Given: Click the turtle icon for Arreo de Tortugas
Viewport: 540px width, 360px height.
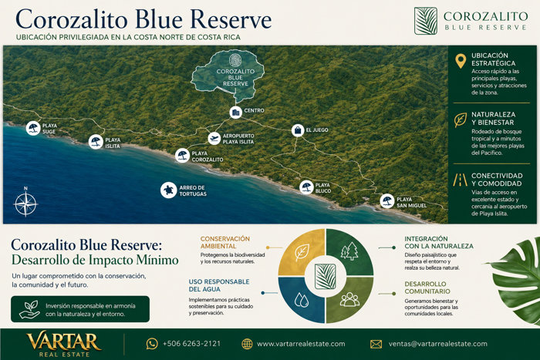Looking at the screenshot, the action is pyautogui.click(x=168, y=190).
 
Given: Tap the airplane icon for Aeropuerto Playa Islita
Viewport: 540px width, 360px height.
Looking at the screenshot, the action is pyautogui.click(x=214, y=138).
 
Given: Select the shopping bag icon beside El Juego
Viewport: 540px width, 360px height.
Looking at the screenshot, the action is pyautogui.click(x=298, y=130).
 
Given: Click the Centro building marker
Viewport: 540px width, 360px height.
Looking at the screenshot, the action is pyautogui.click(x=236, y=113).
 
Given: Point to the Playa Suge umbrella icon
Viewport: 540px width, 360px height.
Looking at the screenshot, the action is pyautogui.click(x=33, y=129).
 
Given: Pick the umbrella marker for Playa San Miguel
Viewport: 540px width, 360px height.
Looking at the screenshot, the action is pyautogui.click(x=387, y=201).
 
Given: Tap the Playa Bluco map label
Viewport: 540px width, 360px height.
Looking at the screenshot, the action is pyautogui.click(x=323, y=188).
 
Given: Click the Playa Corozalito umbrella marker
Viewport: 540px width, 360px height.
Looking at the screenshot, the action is pyautogui.click(x=182, y=156).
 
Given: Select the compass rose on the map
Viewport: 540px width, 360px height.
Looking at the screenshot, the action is pyautogui.click(x=25, y=204).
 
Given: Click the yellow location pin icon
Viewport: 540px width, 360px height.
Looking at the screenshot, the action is pyautogui.click(x=461, y=61).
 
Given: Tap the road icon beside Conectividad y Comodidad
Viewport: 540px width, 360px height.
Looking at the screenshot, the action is pyautogui.click(x=460, y=180).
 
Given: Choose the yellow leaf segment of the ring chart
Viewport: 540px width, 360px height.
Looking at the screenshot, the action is pyautogui.click(x=301, y=252).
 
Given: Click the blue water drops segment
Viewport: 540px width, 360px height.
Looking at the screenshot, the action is pyautogui.click(x=301, y=300).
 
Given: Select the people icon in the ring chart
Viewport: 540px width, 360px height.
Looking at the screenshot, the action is pyautogui.click(x=349, y=299).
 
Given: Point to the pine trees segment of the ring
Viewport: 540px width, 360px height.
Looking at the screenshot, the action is pyautogui.click(x=350, y=252).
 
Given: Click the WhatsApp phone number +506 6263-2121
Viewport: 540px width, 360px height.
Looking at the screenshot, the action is pyautogui.click(x=191, y=344).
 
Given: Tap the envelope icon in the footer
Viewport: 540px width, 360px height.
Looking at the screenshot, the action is pyautogui.click(x=376, y=344).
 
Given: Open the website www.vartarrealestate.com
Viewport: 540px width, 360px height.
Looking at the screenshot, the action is pyautogui.click(x=301, y=344).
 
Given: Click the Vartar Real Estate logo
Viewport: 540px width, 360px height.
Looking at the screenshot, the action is pyautogui.click(x=64, y=344).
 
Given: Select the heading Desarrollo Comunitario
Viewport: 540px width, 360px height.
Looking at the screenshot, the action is pyautogui.click(x=427, y=288).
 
